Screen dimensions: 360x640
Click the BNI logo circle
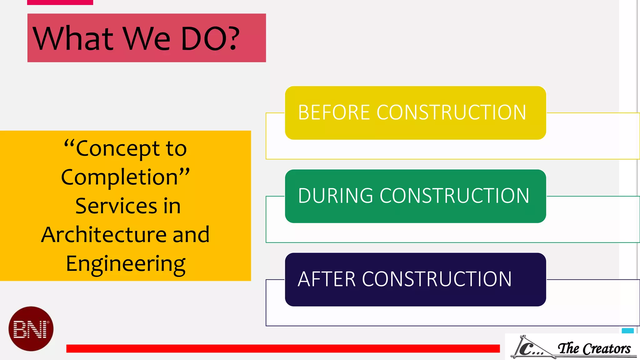click(31, 329)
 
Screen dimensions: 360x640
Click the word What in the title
click(73, 38)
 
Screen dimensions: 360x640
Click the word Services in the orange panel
click(116, 206)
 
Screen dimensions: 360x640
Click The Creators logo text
click(594, 348)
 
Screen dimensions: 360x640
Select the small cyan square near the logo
click(627, 331)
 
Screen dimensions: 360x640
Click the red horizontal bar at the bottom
click(283, 348)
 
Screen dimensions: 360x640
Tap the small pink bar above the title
click(60, 2)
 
